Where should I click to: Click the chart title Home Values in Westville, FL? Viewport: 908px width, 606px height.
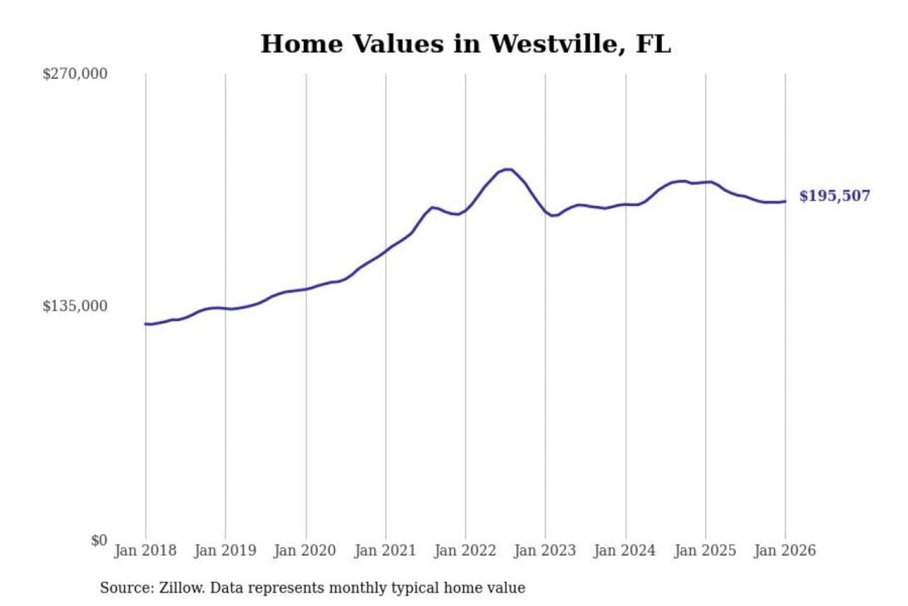465,44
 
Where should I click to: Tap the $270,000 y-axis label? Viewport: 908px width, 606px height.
74,74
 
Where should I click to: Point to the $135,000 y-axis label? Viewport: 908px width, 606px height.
74,306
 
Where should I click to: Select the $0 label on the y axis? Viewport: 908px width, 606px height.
99,540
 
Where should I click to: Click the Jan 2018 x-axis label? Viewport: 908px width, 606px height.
145,550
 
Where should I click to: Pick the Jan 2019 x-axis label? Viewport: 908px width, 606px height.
225,550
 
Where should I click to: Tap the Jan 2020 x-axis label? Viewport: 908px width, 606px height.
305,550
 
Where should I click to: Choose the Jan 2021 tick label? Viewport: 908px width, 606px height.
385,550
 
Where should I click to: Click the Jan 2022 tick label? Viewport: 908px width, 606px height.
465,550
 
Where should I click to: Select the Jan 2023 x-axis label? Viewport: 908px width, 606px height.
545,550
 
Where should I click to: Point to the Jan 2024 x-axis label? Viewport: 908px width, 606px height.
625,550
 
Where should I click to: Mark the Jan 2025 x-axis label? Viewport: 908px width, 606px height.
705,550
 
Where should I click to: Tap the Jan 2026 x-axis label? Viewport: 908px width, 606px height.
785,550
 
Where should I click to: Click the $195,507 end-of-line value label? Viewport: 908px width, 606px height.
834,196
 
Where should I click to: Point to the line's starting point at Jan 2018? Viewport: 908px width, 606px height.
146,324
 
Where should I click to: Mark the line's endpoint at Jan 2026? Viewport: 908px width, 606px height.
785,201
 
